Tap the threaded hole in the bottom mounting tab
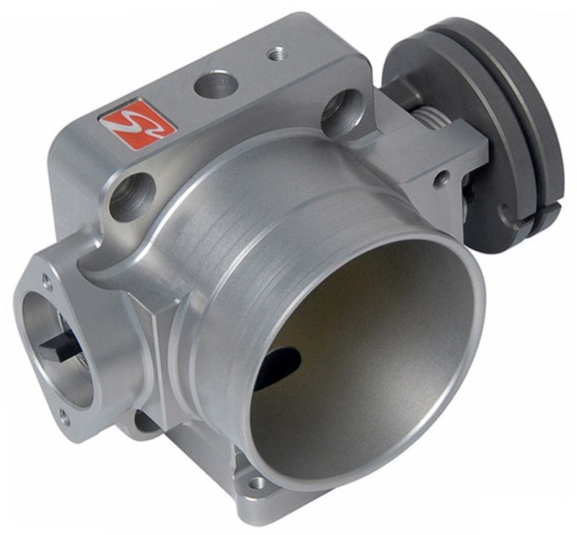tap(257, 482)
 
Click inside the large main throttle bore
tap(361, 346)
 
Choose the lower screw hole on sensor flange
tap(64, 416)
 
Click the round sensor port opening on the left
tap(54, 346)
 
